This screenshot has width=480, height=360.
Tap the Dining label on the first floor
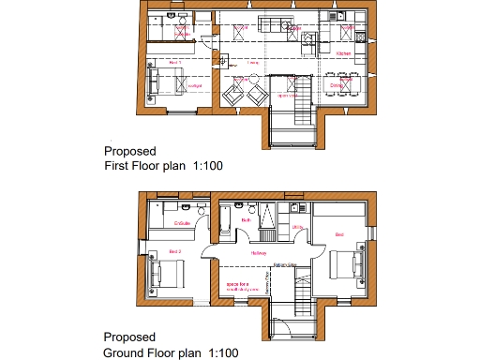click(337, 85)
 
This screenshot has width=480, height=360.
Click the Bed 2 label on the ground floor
click(174, 252)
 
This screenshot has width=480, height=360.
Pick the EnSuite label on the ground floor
click(183, 223)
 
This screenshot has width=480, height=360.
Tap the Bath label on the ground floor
click(244, 220)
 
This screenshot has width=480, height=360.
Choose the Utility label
click(296, 226)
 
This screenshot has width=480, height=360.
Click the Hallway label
click(260, 253)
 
